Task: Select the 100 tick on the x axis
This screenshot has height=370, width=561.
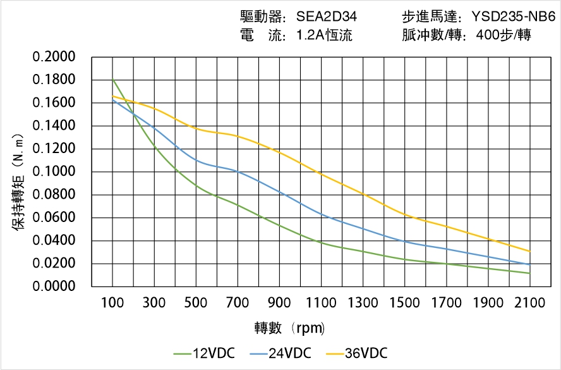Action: (x=112, y=303)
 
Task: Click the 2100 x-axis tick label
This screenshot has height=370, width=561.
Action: (x=529, y=303)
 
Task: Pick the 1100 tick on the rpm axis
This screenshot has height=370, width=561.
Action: (x=321, y=303)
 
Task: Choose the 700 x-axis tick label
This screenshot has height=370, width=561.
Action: (x=238, y=303)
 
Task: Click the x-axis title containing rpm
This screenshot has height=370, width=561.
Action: (x=290, y=328)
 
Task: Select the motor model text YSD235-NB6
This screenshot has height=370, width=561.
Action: (x=514, y=17)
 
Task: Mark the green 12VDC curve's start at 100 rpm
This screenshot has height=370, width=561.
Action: (x=112, y=80)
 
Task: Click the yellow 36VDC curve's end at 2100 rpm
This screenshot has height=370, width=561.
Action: (x=529, y=251)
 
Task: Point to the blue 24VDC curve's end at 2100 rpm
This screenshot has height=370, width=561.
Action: (x=529, y=264)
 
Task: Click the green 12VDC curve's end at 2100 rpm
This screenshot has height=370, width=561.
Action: (x=529, y=273)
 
